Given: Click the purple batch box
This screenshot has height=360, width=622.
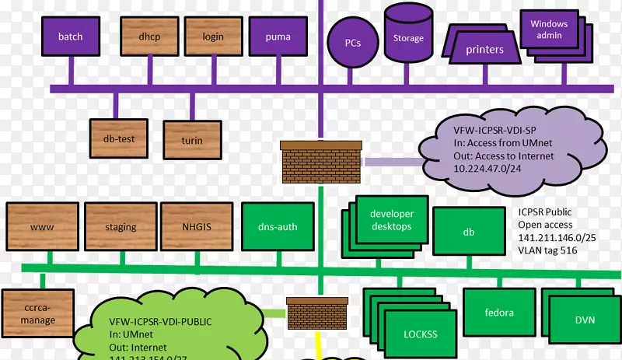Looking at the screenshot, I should coord(70,37).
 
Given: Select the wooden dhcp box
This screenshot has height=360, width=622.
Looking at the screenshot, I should coord(149,37).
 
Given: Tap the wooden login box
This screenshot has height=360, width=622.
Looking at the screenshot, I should coord(213,37).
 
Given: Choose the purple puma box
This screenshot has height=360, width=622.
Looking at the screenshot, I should coord(278,37).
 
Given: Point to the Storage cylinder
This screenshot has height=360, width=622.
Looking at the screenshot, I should coord(408,33).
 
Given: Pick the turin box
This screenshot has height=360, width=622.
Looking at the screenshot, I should coord(192,140).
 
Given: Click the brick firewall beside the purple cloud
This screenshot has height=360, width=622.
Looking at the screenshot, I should coord(321,162).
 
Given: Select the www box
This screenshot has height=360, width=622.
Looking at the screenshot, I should coord(42,227).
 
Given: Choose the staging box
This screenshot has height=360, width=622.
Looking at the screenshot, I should coord(121,227).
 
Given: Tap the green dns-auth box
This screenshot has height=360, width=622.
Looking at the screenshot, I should coord(278,227).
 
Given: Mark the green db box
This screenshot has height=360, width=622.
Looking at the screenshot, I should coord(469,231).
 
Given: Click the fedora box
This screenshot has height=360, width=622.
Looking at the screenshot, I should coord(498,313).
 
